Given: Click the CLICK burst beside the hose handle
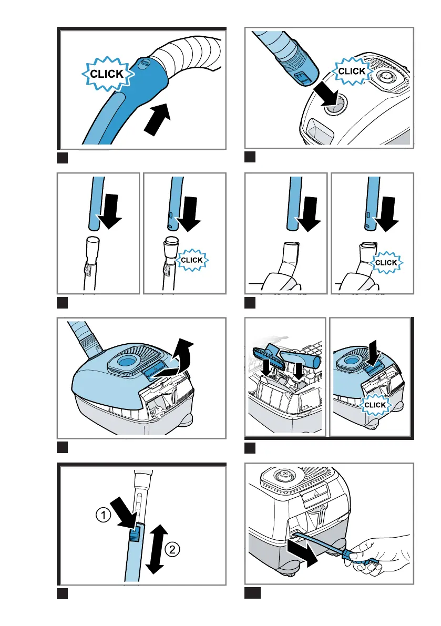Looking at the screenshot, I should [x=107, y=74].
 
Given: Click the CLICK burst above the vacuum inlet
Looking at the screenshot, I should [x=352, y=71].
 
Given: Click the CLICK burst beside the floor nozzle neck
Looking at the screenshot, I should [x=385, y=262].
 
